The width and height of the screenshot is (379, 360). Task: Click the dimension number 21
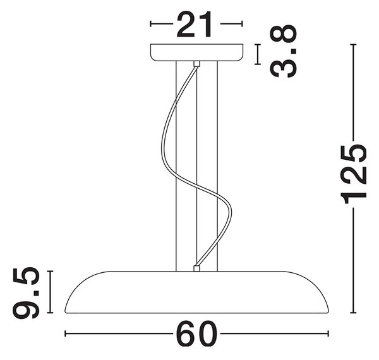pyautogui.click(x=195, y=25)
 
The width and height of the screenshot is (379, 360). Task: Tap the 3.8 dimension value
pyautogui.click(x=283, y=51)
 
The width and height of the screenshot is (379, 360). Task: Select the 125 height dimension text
pyautogui.click(x=353, y=174)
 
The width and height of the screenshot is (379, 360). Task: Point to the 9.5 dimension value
pyautogui.click(x=26, y=292)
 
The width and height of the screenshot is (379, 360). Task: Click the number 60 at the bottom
pyautogui.click(x=196, y=334)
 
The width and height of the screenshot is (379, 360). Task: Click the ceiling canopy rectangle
pyautogui.click(x=196, y=52)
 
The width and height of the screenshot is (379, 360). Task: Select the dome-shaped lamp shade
pyautogui.click(x=196, y=292)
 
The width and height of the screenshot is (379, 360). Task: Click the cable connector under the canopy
pyautogui.click(x=196, y=64)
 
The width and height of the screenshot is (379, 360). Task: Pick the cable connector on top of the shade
pyautogui.click(x=196, y=268)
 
